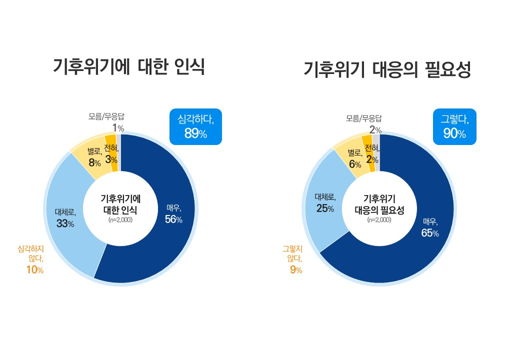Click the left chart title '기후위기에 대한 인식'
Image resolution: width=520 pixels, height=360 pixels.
tap(128, 67)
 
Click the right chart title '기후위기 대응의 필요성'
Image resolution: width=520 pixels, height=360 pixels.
tap(387, 70)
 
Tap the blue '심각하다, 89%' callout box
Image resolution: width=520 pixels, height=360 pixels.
tap(195, 126)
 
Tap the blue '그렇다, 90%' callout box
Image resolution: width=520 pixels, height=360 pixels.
tap(454, 126)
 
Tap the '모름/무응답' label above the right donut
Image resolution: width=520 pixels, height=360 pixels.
tap(364, 118)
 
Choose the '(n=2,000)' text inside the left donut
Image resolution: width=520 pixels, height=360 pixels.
tap(120, 219)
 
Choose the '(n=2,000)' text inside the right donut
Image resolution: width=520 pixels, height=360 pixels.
tap(379, 219)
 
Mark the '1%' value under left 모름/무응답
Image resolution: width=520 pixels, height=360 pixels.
tap(118, 128)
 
